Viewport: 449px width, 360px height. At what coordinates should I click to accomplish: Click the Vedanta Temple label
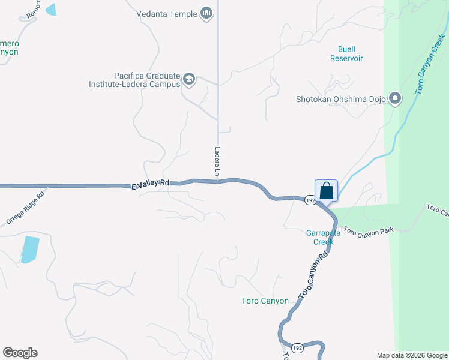coord(166,13)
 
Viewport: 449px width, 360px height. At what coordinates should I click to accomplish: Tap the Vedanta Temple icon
coord(207,13)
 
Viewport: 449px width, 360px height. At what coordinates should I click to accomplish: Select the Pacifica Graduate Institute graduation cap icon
coord(190,79)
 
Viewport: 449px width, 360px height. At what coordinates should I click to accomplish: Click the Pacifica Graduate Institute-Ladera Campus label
coord(148,80)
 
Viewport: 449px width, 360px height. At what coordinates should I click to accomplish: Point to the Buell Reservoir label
coord(346,53)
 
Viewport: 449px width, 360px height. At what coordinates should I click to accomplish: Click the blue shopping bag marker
coord(327,191)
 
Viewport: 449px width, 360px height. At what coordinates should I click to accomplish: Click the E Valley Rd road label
coord(151,185)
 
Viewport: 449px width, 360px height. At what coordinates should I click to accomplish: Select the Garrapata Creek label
coord(324,238)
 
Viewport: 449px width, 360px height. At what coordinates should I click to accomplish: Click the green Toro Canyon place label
coord(265,301)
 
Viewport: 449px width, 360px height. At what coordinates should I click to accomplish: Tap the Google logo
coord(20,353)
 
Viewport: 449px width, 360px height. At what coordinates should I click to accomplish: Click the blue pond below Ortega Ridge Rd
coord(29,250)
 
